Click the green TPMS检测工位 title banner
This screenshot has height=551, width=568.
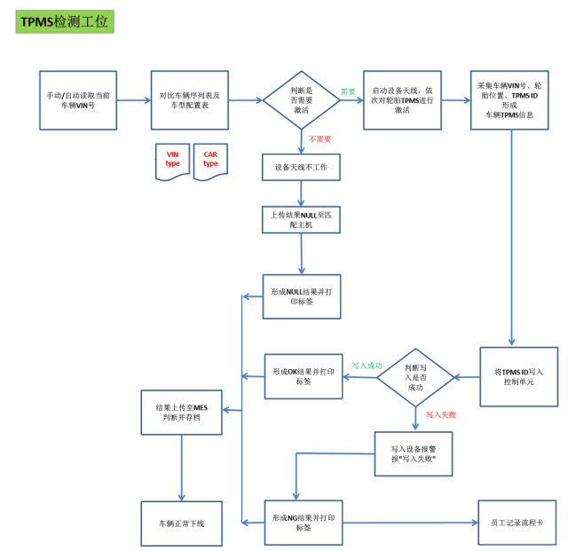(64, 21)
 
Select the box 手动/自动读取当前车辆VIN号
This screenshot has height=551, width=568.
(77, 100)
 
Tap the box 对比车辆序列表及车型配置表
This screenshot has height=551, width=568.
(189, 100)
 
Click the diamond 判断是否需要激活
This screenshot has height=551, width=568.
(302, 100)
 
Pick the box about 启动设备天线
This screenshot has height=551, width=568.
(402, 100)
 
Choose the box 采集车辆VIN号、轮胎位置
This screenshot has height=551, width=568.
(509, 100)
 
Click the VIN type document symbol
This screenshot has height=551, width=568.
(172, 161)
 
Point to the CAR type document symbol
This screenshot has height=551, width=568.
(210, 161)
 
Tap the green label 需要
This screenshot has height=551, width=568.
(348, 91)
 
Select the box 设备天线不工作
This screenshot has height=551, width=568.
(301, 167)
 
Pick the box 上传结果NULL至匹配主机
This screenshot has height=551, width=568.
(301, 219)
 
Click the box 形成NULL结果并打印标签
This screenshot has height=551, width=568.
(301, 296)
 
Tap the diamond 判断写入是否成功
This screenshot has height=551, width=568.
(415, 377)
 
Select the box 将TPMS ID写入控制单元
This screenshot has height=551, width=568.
(518, 376)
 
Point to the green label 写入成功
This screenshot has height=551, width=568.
(367, 365)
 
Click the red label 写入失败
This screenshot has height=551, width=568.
(440, 414)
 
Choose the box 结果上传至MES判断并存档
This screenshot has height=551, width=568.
(181, 413)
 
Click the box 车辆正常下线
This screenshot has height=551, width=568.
(181, 523)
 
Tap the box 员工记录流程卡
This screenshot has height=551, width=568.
(517, 523)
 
